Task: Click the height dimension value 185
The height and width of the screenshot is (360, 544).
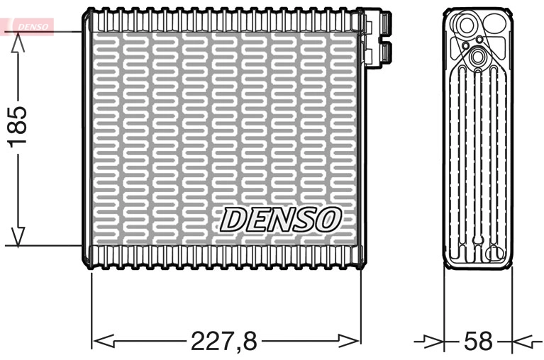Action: pos(18,127)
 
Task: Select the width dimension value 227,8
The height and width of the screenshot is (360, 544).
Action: pos(224,341)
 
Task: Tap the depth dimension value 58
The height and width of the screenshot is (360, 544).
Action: pos(477,341)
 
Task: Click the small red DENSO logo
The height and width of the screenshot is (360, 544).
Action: pos(30,26)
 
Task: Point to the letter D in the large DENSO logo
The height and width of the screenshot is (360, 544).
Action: pos(233,219)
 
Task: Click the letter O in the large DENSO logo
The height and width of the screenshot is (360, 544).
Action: pos(328,219)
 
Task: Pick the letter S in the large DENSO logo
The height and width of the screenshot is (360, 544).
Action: pos(304,219)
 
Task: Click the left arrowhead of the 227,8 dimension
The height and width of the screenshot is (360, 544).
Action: pos(104,341)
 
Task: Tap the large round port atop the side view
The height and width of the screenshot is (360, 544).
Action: pos(467,26)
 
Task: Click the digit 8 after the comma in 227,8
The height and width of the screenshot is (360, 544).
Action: pos(249,341)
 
